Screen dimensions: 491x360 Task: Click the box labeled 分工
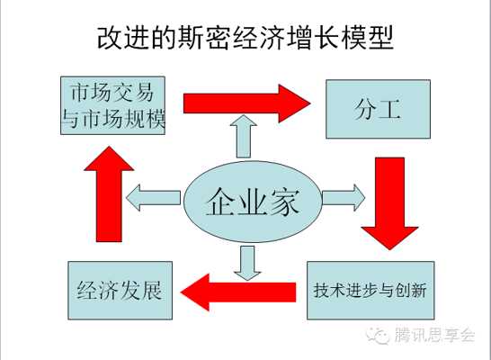click(x=378, y=109)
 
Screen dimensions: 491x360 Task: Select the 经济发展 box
click(x=120, y=291)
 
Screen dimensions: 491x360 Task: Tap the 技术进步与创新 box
click(x=370, y=291)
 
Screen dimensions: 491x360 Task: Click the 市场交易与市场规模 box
click(x=112, y=105)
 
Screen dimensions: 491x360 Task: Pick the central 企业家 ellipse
click(x=253, y=202)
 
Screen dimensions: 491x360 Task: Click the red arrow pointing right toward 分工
click(x=246, y=103)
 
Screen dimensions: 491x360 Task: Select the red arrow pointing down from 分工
click(x=390, y=203)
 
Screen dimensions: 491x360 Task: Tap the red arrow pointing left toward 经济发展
click(x=238, y=292)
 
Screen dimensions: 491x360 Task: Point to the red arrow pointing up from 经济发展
click(x=109, y=193)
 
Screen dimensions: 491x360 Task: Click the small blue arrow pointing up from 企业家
click(x=244, y=136)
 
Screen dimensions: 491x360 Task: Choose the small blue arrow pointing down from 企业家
click(x=247, y=263)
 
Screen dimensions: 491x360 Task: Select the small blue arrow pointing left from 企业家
click(x=153, y=198)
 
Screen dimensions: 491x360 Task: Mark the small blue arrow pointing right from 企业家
click(x=344, y=198)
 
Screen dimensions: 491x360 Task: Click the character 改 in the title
click(x=110, y=37)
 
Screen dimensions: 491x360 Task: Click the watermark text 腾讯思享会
click(x=434, y=336)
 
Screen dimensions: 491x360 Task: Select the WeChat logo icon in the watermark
click(x=379, y=336)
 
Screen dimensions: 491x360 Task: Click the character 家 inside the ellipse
click(x=284, y=202)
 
